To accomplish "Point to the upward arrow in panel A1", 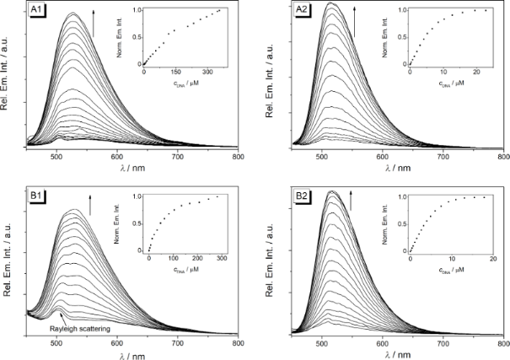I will (93, 23).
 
